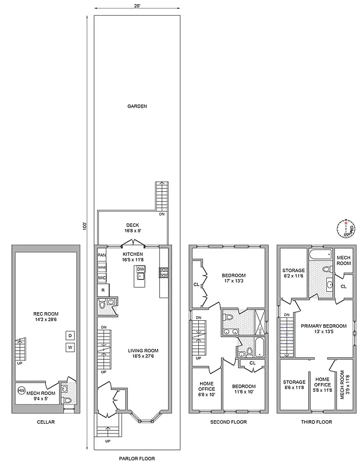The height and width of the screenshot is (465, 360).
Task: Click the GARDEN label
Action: [x=137, y=106]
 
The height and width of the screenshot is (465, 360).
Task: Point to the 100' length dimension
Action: [x=85, y=224]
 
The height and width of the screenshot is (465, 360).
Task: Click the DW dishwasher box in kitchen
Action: [x=140, y=269]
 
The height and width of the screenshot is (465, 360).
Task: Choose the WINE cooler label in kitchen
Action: [x=102, y=267]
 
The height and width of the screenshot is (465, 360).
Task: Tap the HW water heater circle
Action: [x=22, y=390]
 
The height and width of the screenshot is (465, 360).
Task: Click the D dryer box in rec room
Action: [x=69, y=335]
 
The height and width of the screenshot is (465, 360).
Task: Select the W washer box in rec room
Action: [x=69, y=348]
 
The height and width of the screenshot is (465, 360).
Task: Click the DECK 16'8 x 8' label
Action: [x=133, y=228]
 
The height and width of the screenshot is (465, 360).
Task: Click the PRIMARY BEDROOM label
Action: [x=324, y=329]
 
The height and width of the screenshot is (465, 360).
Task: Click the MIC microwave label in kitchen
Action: [x=102, y=278]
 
